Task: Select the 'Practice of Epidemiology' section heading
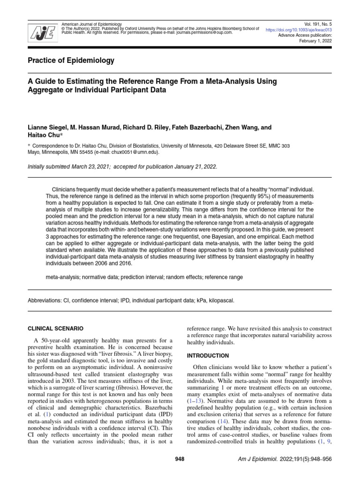tap(73, 61)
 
